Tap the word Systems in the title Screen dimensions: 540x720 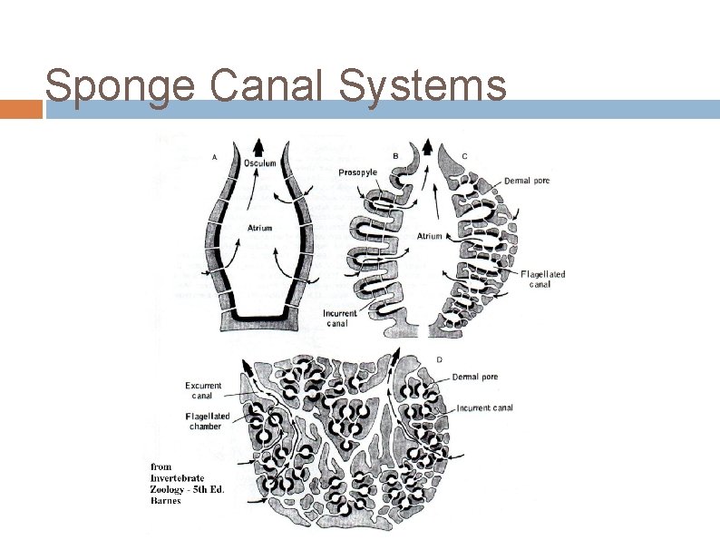tap(421, 87)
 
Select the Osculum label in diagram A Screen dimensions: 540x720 tap(260, 163)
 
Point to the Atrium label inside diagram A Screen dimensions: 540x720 tap(259, 228)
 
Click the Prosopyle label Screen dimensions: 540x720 tap(358, 172)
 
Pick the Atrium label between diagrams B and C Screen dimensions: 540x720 tap(429, 236)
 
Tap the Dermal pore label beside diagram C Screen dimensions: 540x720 tap(527, 181)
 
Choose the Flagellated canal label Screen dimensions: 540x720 tap(543, 279)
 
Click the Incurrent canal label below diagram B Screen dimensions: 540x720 tap(340, 319)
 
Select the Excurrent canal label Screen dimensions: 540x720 tap(204, 390)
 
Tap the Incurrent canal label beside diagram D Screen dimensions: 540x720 tap(485, 408)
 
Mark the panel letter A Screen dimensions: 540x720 tap(214, 156)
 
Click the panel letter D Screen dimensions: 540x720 tap(440, 359)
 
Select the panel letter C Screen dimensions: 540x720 tap(464, 156)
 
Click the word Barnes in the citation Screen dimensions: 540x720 tap(166, 500)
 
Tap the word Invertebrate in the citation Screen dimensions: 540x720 tap(177, 478)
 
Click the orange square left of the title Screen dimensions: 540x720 tap(21, 109)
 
